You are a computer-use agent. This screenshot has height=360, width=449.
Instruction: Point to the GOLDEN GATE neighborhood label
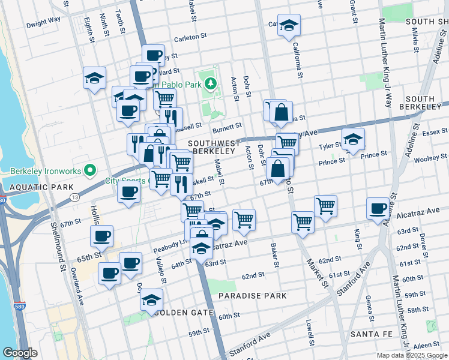[x=184, y=313]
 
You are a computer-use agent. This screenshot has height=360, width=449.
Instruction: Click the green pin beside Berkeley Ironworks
[x=89, y=170]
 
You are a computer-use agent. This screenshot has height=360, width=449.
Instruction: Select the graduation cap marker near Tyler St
[x=354, y=140]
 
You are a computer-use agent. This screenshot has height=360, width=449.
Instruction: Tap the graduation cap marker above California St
[x=289, y=26]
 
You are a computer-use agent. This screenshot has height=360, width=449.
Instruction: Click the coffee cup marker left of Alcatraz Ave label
[x=378, y=209]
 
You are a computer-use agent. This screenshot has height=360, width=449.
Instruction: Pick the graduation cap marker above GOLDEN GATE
[x=152, y=299]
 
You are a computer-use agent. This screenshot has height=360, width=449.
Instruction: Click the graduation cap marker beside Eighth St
[x=94, y=78]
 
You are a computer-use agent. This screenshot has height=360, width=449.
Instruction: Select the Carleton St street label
[x=190, y=38]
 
